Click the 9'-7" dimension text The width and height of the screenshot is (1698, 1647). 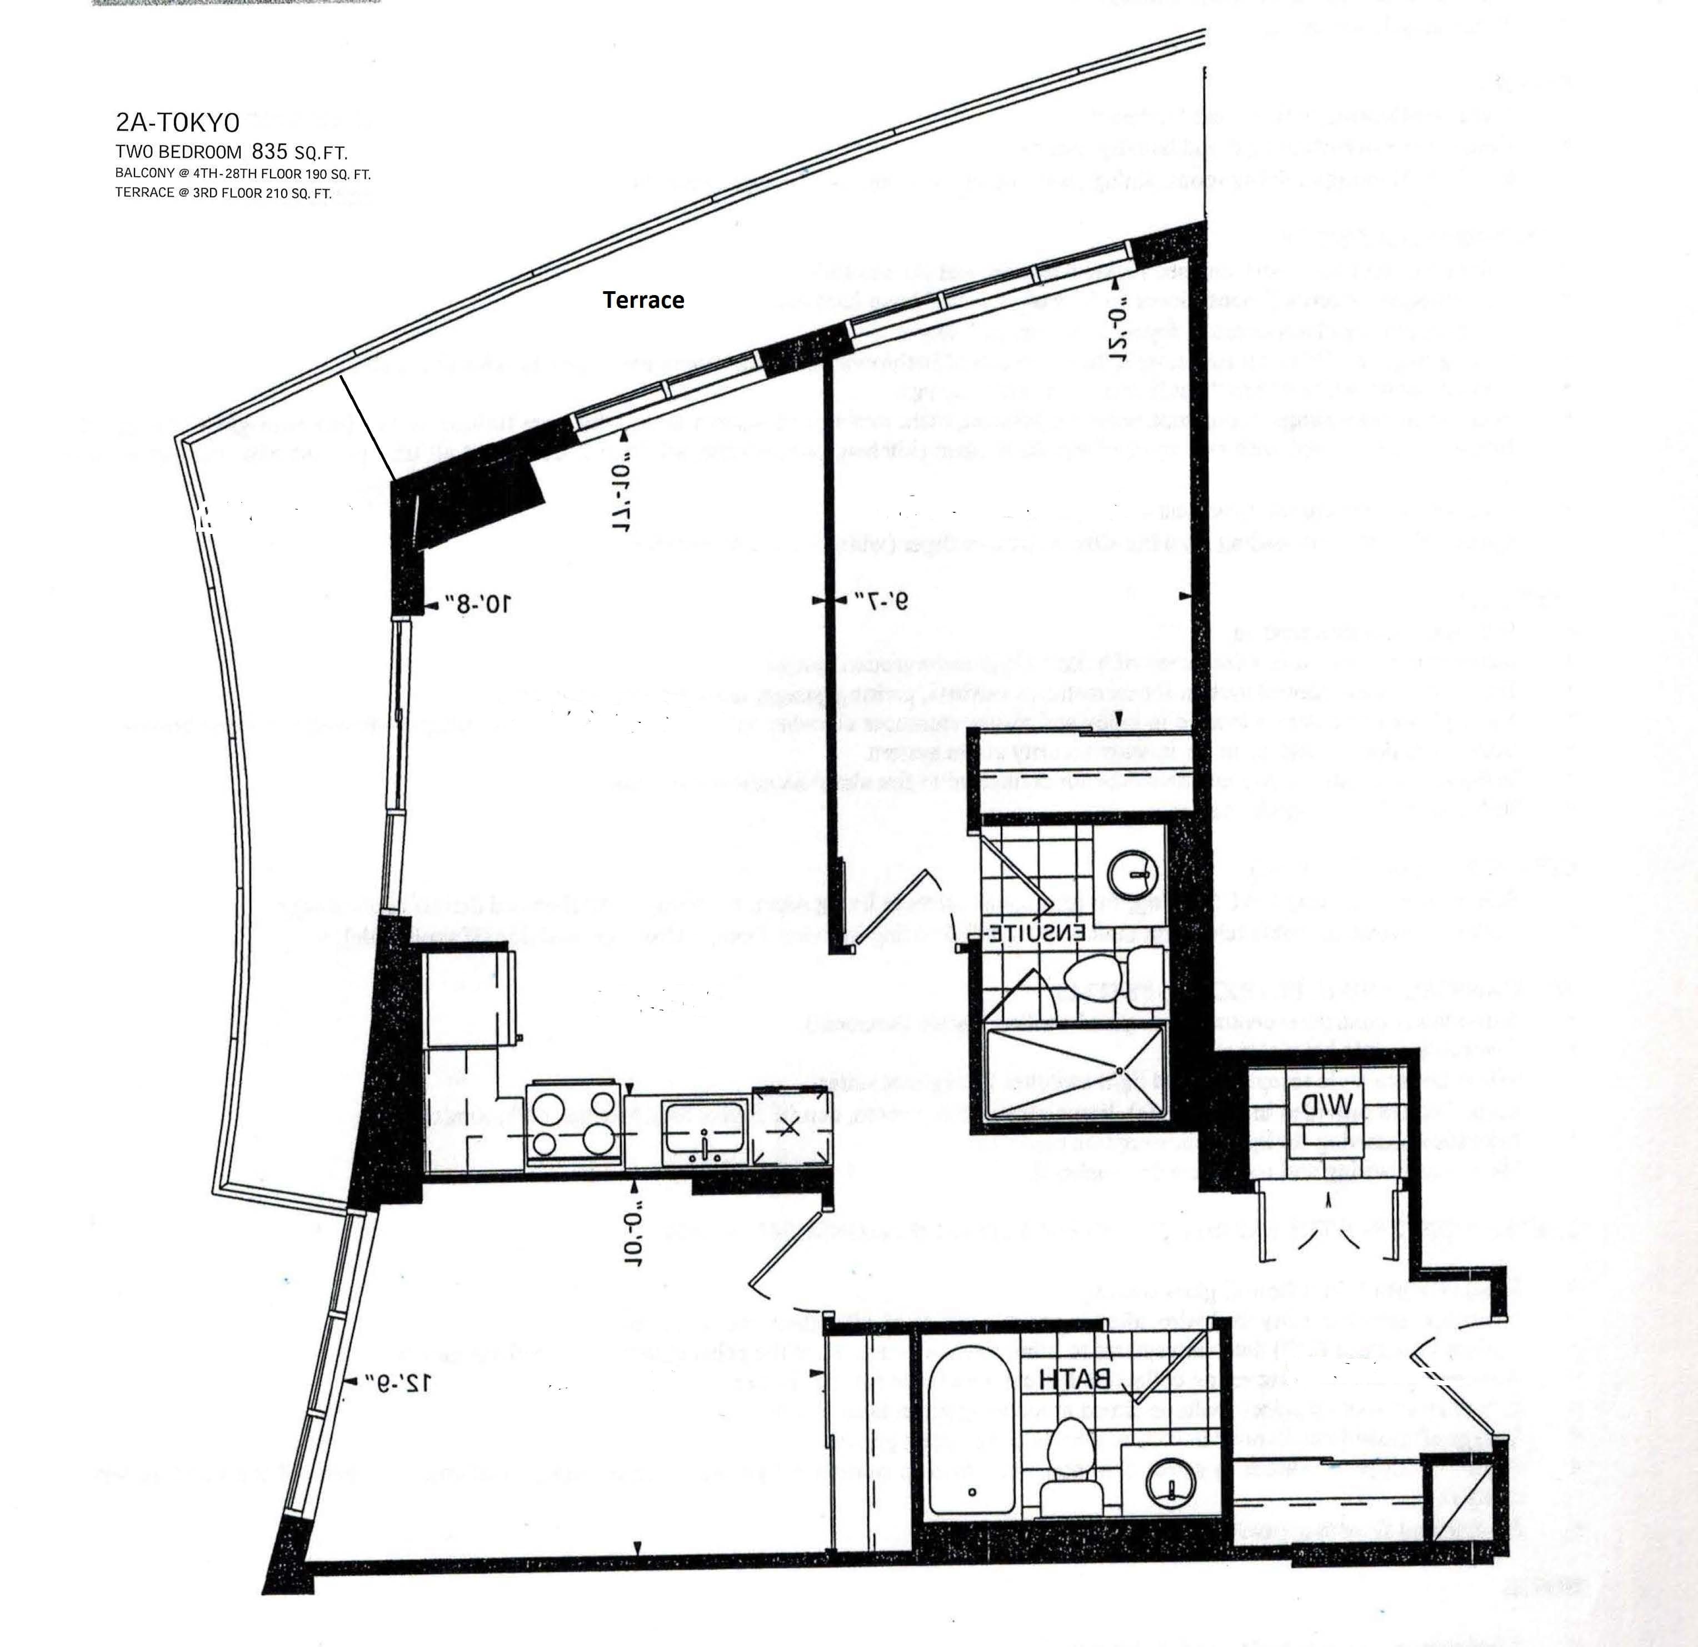[881, 601]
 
